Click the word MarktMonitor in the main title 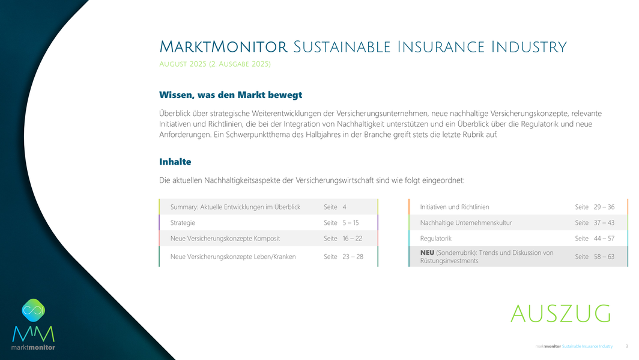223,47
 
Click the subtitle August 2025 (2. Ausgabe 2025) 215,64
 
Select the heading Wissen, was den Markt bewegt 231,95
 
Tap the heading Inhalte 175,162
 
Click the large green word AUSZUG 561,314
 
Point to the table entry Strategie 183,222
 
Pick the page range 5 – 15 351,222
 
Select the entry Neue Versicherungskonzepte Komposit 225,239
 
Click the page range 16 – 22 352,239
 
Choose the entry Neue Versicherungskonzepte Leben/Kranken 233,257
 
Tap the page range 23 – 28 353,257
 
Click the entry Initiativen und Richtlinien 455,207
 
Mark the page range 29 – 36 604,207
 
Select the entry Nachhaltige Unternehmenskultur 466,222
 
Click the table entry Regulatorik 435,239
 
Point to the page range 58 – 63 604,257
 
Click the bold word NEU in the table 427,253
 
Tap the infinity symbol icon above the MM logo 34,310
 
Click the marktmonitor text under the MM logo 33,347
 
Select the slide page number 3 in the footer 627,347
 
